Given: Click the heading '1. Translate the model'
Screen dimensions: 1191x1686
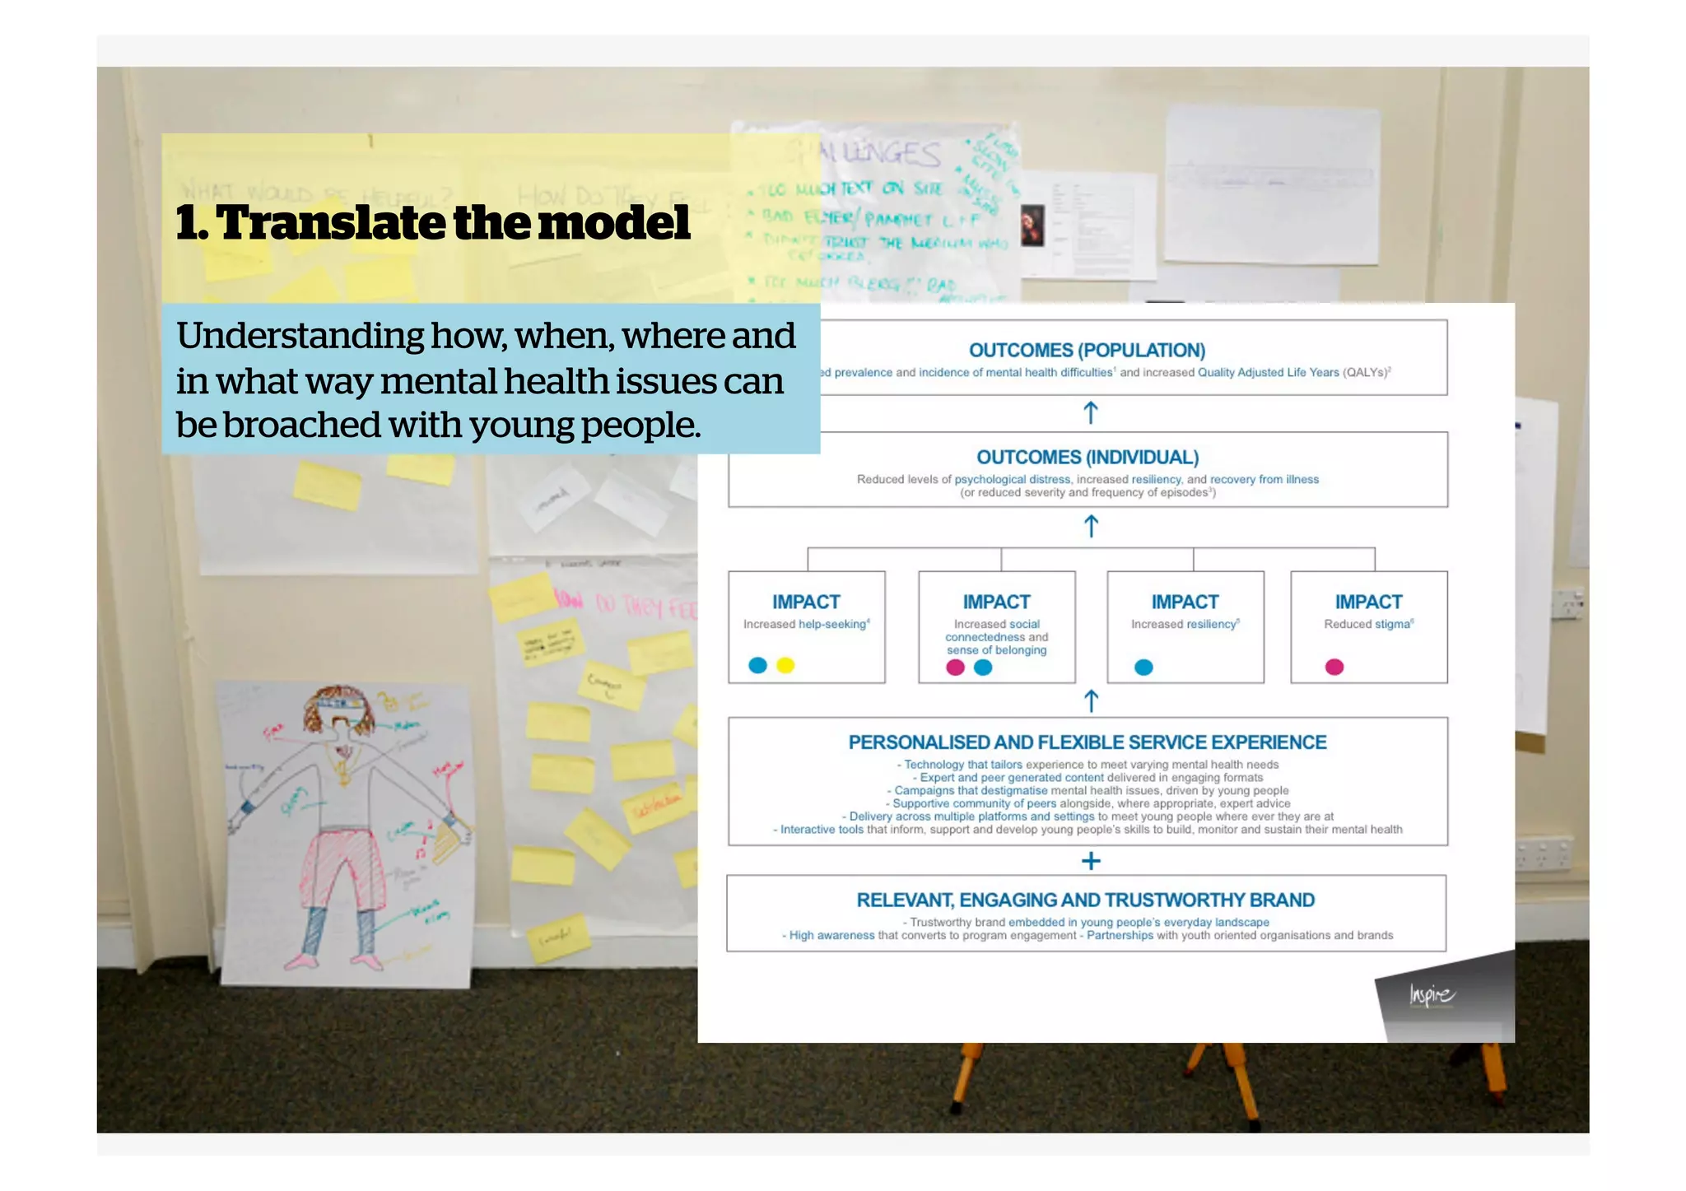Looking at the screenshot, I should tap(433, 223).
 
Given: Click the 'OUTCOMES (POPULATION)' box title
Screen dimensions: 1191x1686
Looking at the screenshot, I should tap(1087, 351).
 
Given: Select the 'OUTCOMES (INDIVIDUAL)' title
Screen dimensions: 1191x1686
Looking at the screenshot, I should tap(1087, 458).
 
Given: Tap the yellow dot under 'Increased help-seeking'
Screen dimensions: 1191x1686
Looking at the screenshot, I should tap(785, 665).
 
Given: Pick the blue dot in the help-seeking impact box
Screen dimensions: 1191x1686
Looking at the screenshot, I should tap(757, 665).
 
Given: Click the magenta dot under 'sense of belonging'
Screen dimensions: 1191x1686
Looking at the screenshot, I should tap(955, 668).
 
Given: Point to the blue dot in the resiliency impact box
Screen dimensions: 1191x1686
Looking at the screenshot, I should tap(1143, 668).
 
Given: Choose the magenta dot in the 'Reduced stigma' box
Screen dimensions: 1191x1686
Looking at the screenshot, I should tap(1334, 668).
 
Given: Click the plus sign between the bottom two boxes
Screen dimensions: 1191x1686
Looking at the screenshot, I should tap(1091, 861).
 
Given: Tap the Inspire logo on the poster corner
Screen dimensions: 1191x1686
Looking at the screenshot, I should tap(1432, 996).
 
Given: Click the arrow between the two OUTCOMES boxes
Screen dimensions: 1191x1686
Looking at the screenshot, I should tap(1091, 412).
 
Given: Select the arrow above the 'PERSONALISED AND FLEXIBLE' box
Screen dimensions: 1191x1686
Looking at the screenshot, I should tap(1091, 701).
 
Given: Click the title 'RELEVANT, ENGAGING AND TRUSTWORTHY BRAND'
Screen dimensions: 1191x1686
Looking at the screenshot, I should tap(1085, 900).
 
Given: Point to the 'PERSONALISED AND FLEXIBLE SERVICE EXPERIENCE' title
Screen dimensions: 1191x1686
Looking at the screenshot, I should tap(1087, 742).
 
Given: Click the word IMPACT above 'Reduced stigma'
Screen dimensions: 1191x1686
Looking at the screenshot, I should tap(1368, 602).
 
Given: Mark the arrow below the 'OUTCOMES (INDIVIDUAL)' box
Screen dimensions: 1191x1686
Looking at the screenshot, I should tap(1091, 526).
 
